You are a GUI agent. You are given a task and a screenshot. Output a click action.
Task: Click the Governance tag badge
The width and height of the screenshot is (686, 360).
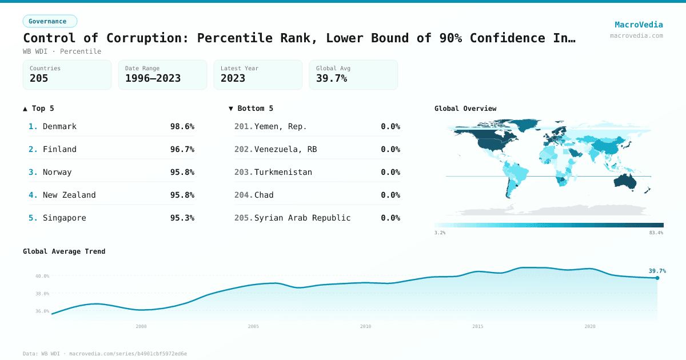tap(50, 21)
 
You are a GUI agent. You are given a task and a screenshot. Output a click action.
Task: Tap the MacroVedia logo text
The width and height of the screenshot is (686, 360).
tap(639, 25)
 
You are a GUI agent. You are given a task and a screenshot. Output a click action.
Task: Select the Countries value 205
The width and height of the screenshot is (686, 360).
tap(39, 78)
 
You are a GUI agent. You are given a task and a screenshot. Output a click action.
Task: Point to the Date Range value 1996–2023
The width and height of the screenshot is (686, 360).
tap(153, 78)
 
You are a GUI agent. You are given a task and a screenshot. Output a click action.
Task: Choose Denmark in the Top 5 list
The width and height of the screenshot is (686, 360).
tap(59, 126)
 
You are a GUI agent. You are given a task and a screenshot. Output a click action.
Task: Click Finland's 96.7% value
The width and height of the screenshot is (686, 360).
tap(182, 149)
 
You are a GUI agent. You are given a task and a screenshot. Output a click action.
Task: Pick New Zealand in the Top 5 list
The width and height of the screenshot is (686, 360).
tap(69, 195)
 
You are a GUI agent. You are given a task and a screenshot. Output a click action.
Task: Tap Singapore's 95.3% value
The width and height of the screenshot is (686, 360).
tap(182, 218)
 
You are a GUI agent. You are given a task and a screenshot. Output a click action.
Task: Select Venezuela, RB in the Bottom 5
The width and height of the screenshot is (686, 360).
tap(285, 149)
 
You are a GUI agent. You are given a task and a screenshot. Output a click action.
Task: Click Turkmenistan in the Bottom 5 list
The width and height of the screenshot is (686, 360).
tap(283, 172)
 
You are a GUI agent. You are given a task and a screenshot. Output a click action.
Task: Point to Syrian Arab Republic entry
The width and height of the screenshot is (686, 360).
tap(302, 218)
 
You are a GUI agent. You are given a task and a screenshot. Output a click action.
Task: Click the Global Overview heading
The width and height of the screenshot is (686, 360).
tap(465, 109)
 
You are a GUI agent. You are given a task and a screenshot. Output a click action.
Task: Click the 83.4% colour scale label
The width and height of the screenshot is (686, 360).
tap(656, 233)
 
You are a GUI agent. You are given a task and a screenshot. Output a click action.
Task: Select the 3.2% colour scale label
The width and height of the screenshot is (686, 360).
tap(440, 233)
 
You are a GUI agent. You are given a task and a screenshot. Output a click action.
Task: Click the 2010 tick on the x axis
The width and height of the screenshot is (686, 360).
tap(365, 326)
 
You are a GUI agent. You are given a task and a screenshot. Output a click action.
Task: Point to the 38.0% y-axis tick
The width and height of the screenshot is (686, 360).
tap(43, 294)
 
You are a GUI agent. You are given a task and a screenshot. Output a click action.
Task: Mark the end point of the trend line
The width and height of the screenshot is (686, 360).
tap(657, 278)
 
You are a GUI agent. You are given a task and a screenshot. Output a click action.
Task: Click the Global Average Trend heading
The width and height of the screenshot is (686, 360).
tap(64, 251)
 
